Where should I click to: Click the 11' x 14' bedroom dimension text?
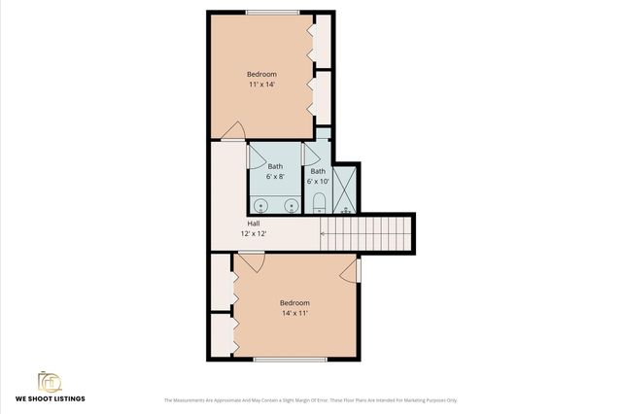pyautogui.click(x=260, y=85)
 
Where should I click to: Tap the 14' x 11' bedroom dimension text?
pyautogui.click(x=294, y=313)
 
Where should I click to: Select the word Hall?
pyautogui.click(x=253, y=224)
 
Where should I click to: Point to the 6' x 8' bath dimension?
pyautogui.click(x=276, y=176)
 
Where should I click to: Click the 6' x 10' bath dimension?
pyautogui.click(x=318, y=182)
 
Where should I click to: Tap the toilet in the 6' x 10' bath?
pyautogui.click(x=318, y=203)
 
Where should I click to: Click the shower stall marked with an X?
pyautogui.click(x=345, y=189)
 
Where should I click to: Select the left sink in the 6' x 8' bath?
pyautogui.click(x=260, y=205)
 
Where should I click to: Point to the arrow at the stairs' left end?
pyautogui.click(x=328, y=233)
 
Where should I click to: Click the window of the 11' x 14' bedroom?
pyautogui.click(x=272, y=13)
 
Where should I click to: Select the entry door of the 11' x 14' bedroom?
pyautogui.click(x=233, y=132)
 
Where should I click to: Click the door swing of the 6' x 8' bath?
pyautogui.click(x=257, y=155)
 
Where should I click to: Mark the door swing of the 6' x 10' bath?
pyautogui.click(x=311, y=155)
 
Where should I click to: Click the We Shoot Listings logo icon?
pyautogui.click(x=50, y=381)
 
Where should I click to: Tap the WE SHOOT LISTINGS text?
pyautogui.click(x=50, y=399)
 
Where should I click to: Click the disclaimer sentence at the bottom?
pyautogui.click(x=310, y=400)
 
